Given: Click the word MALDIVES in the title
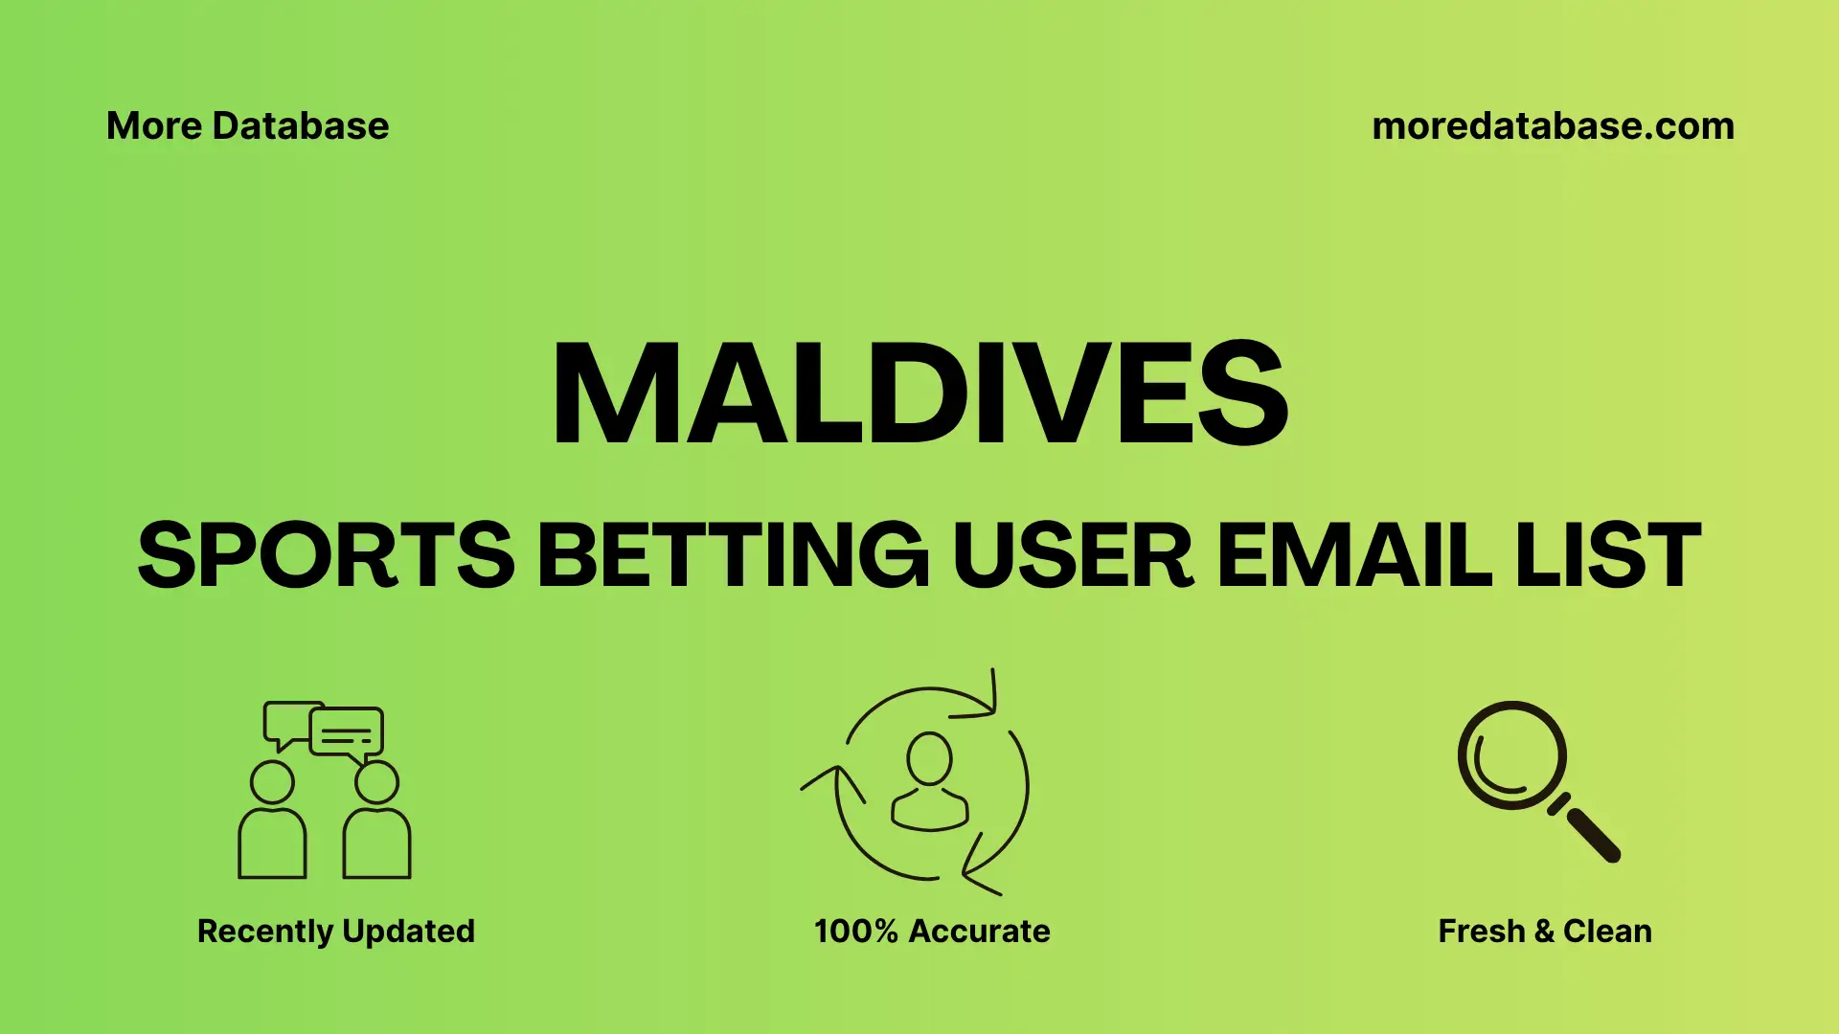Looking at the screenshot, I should [919, 394].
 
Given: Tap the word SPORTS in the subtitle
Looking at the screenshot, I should [326, 555].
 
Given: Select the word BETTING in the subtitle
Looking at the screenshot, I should [733, 555].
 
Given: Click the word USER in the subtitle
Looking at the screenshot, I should [1073, 555].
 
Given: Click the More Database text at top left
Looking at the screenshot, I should [247, 126].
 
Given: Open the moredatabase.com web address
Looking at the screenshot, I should [1553, 126].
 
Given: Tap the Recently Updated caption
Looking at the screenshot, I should [335, 931].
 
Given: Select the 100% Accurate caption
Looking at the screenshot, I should [932, 931].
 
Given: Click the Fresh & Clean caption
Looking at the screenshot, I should [1544, 931].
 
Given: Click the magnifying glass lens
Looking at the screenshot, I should [1511, 755].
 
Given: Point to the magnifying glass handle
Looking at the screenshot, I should [1592, 834].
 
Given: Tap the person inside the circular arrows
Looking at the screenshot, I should [929, 782].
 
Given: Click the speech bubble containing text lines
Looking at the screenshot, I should [347, 733].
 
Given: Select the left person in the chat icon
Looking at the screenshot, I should [272, 823].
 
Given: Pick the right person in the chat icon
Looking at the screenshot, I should [376, 823].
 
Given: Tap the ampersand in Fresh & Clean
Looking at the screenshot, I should [1543, 931].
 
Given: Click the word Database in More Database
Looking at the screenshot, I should [300, 126].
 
